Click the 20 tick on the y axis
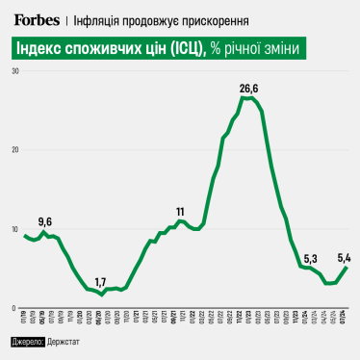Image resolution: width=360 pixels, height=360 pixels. click(x=14, y=150)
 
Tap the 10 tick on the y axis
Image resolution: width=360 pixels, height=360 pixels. click(x=14, y=228)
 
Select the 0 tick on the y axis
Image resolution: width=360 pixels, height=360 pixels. click(x=15, y=304)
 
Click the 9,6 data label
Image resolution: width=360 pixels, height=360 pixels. click(x=44, y=221)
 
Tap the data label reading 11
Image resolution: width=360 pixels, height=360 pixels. click(x=180, y=212)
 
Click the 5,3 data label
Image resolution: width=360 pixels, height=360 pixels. click(x=310, y=258)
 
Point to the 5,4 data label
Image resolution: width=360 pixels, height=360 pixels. click(x=344, y=257)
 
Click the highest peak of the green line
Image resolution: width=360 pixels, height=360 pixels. click(x=250, y=98)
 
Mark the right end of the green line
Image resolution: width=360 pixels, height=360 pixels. click(x=347, y=267)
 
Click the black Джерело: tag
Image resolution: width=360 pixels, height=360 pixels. click(x=27, y=342)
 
